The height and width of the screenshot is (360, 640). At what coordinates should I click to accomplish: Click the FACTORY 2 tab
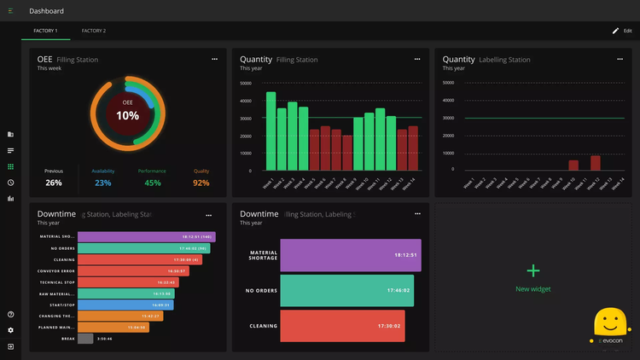click(94, 31)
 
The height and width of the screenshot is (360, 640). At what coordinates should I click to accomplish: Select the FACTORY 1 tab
click(45, 31)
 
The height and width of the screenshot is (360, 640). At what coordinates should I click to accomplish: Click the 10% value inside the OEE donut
click(127, 116)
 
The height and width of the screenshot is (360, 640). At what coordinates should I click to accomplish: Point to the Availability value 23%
click(103, 183)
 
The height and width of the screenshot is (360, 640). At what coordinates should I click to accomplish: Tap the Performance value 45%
click(153, 183)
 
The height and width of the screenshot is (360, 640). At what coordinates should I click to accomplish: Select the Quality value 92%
click(201, 183)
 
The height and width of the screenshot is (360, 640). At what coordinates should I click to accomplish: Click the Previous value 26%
click(54, 183)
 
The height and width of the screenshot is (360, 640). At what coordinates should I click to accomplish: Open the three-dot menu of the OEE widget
click(215, 59)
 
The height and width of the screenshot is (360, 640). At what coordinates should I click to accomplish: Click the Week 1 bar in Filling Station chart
click(271, 131)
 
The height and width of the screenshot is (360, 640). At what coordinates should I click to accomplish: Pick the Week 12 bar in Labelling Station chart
click(595, 163)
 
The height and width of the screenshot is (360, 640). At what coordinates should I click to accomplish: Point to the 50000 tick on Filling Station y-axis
click(246, 84)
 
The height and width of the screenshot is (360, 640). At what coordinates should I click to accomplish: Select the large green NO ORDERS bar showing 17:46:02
click(346, 291)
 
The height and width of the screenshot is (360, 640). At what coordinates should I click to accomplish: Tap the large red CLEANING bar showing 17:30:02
click(342, 326)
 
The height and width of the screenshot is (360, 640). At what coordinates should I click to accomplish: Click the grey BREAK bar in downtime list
click(85, 339)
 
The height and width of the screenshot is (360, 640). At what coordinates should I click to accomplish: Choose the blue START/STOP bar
click(126, 304)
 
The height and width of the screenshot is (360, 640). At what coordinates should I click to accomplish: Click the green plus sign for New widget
click(533, 270)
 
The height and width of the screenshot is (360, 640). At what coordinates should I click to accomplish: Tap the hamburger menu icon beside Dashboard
click(10, 11)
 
